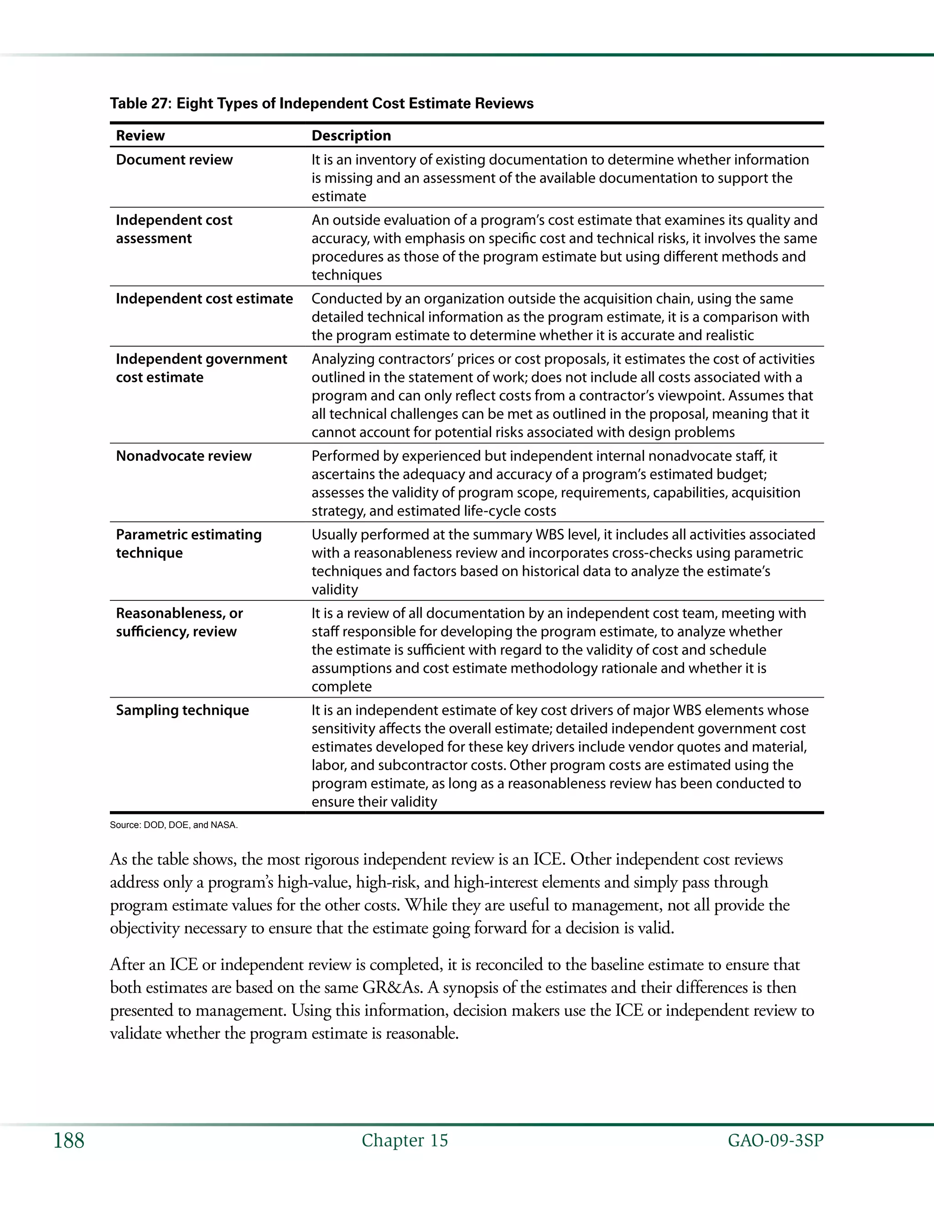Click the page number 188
(x=68, y=1141)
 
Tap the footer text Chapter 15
(x=405, y=1141)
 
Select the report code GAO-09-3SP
(x=775, y=1141)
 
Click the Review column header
(x=140, y=135)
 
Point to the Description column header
(x=351, y=135)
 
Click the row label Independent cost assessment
(x=174, y=229)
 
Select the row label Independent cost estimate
(x=204, y=298)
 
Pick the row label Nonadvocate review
(x=183, y=456)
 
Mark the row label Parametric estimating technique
(x=188, y=544)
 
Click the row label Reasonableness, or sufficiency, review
(x=179, y=622)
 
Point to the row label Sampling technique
(x=182, y=710)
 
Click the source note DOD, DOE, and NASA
(x=173, y=825)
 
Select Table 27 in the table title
(x=140, y=104)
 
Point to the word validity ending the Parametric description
(x=334, y=589)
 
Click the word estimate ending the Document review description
(x=339, y=197)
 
